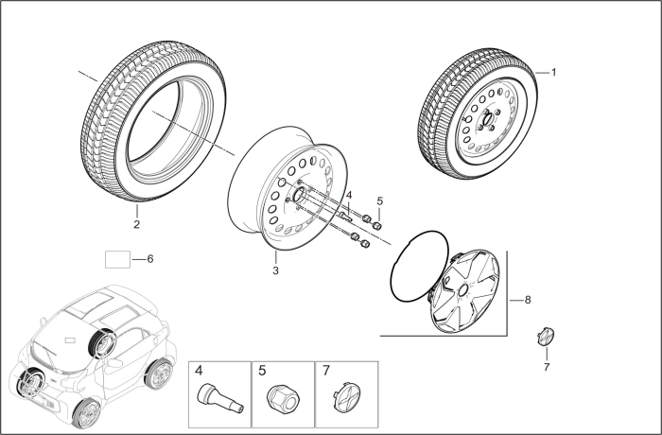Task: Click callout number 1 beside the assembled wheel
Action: point(554,72)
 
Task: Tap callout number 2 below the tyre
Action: point(136,224)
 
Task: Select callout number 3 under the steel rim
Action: point(275,270)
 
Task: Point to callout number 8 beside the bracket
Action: point(527,300)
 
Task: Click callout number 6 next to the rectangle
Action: point(148,258)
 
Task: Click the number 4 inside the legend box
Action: point(200,373)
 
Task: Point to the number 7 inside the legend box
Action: point(326,373)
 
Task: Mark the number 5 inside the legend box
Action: point(263,373)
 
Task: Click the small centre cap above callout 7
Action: point(545,336)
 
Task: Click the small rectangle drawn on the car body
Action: point(67,339)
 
